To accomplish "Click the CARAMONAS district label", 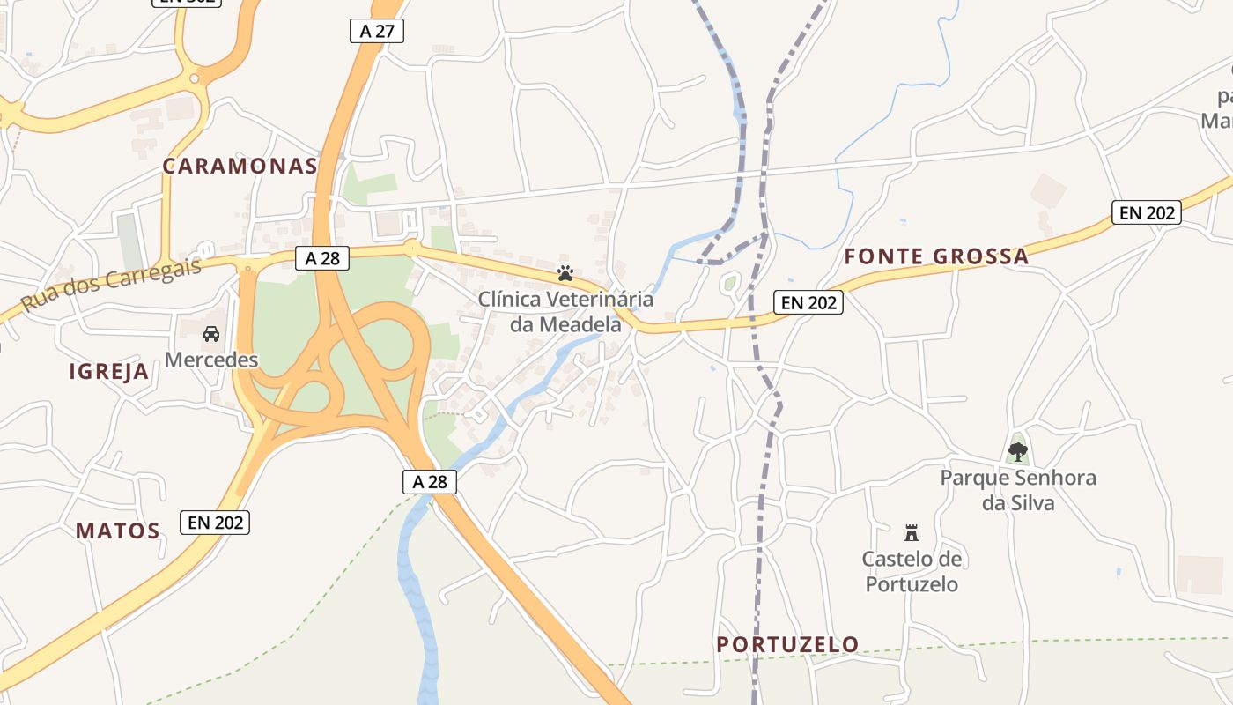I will [240, 167].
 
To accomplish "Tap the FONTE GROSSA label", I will [936, 256].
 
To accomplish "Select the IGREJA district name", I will [109, 372].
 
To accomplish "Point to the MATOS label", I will [117, 531].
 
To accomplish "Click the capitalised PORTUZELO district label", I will [787, 644].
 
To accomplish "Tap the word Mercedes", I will [211, 360].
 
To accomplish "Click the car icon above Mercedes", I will [211, 334].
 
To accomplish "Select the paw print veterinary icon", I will [565, 274].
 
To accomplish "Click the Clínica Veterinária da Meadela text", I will [565, 311].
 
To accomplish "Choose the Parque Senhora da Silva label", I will [1018, 490].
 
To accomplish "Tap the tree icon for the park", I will [1018, 452].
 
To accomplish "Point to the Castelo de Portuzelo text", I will [912, 571].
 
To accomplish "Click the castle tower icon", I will [912, 533].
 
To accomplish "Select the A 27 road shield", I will [376, 32].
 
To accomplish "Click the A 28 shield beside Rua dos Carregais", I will [321, 258].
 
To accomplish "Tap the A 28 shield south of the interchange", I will [430, 481].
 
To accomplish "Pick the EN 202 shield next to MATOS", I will [215, 523].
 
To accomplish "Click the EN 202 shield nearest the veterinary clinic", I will [808, 302].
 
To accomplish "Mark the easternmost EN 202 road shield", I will [1146, 212].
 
